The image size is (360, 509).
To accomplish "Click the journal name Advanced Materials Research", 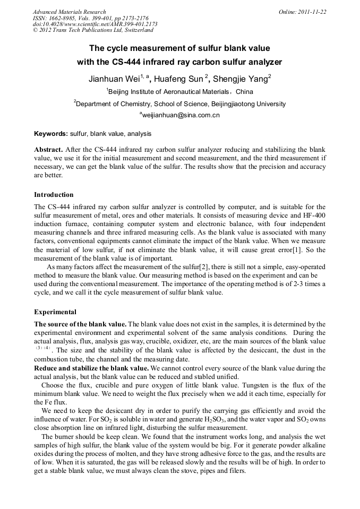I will (69, 12).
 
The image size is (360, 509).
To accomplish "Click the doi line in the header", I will (96, 24).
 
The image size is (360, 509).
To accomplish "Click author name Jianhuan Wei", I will (113, 79).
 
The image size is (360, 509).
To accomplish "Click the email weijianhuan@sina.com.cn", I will (181, 115).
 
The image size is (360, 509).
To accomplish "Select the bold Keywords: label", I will (51, 134).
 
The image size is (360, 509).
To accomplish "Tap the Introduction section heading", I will (54, 195).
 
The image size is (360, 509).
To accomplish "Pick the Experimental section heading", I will (55, 312).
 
